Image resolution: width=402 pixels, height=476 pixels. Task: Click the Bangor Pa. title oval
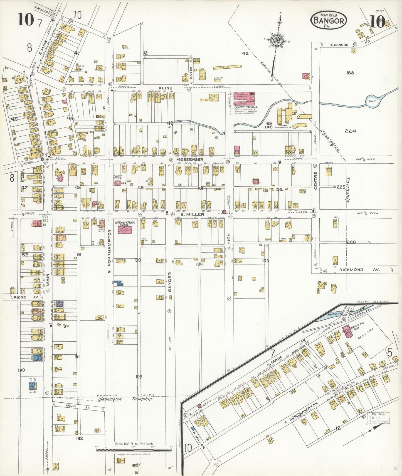[x=329, y=20]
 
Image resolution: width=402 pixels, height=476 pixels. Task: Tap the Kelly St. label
[x=71, y=406]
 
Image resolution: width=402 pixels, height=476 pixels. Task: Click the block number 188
[x=350, y=73]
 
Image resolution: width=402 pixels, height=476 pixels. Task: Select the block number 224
[x=350, y=131]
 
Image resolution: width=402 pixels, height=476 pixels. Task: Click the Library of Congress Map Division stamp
[x=379, y=418]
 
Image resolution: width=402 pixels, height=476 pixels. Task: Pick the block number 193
[x=139, y=377]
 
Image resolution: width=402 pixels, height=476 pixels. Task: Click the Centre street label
[x=315, y=181]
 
